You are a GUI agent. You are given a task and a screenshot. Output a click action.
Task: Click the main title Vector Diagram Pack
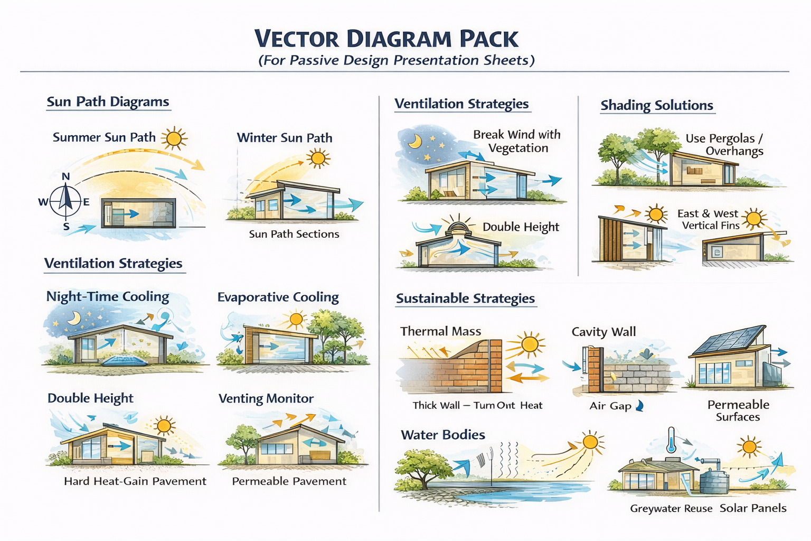[x=386, y=39]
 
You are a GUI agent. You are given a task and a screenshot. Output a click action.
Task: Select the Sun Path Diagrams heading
[x=108, y=101]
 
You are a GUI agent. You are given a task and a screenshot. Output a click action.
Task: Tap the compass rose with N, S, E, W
[x=66, y=202]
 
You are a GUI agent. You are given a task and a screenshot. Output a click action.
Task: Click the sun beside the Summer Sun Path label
[x=174, y=139]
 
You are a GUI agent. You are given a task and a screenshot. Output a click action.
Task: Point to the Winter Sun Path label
[x=285, y=138]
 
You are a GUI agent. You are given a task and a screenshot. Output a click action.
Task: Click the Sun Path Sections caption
[x=294, y=234]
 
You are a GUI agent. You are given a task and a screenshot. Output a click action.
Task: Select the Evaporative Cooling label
[x=278, y=297]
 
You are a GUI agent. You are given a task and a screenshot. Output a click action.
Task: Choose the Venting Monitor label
[x=266, y=398]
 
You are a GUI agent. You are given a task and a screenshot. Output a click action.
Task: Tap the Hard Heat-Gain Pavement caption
[x=135, y=481]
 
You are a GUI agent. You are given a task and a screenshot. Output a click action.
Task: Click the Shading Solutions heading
[x=657, y=105]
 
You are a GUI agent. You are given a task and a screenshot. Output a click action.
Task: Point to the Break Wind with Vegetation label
[x=517, y=141]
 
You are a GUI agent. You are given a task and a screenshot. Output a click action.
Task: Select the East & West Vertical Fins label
[x=709, y=219]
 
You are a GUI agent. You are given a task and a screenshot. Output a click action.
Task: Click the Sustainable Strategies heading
[x=465, y=299]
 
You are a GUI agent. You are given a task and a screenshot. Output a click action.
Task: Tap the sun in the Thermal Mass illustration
[x=529, y=344]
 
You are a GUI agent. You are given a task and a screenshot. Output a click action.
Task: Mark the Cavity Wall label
[x=603, y=332]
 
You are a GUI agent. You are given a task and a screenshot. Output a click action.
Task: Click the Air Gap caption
[x=611, y=406]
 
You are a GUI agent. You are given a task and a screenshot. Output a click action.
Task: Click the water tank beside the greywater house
[x=714, y=478]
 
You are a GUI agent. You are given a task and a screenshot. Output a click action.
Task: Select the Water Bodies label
[x=442, y=435]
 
